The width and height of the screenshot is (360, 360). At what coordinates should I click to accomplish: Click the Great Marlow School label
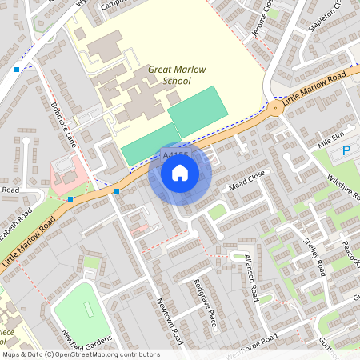coord(170,75)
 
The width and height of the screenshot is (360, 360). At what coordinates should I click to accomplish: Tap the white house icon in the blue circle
coord(180,173)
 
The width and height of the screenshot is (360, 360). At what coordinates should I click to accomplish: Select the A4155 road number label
coord(175,156)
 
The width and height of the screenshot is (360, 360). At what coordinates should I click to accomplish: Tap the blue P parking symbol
coord(347,150)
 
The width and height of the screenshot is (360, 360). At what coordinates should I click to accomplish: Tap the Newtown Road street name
coord(171,320)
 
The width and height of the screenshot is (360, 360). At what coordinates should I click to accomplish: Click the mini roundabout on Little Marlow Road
coord(275,106)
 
